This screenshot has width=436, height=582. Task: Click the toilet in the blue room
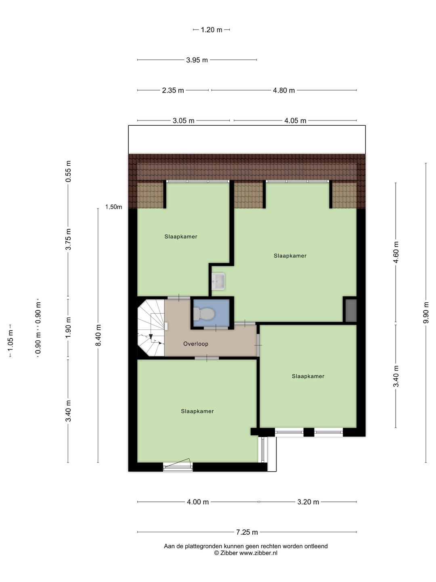(203, 314)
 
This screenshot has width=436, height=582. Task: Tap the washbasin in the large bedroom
(218, 281)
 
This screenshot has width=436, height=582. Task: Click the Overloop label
(196, 344)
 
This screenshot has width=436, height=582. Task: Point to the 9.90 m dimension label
(426, 312)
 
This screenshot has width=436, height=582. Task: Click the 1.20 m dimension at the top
(211, 30)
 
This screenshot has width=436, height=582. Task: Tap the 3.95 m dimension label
(197, 60)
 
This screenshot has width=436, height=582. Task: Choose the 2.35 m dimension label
(173, 91)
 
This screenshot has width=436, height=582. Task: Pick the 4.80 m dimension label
(284, 91)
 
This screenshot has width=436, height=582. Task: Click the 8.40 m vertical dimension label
(98, 335)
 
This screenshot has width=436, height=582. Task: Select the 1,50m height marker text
(113, 207)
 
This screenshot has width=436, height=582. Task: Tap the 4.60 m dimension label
(396, 252)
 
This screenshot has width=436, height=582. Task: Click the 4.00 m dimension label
(198, 502)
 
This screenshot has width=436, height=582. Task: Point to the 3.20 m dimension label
(308, 502)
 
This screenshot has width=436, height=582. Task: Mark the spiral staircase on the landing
(151, 328)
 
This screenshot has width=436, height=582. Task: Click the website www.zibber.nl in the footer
(258, 553)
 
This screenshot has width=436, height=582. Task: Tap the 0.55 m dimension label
(68, 171)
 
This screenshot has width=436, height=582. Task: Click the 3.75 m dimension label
(68, 239)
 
